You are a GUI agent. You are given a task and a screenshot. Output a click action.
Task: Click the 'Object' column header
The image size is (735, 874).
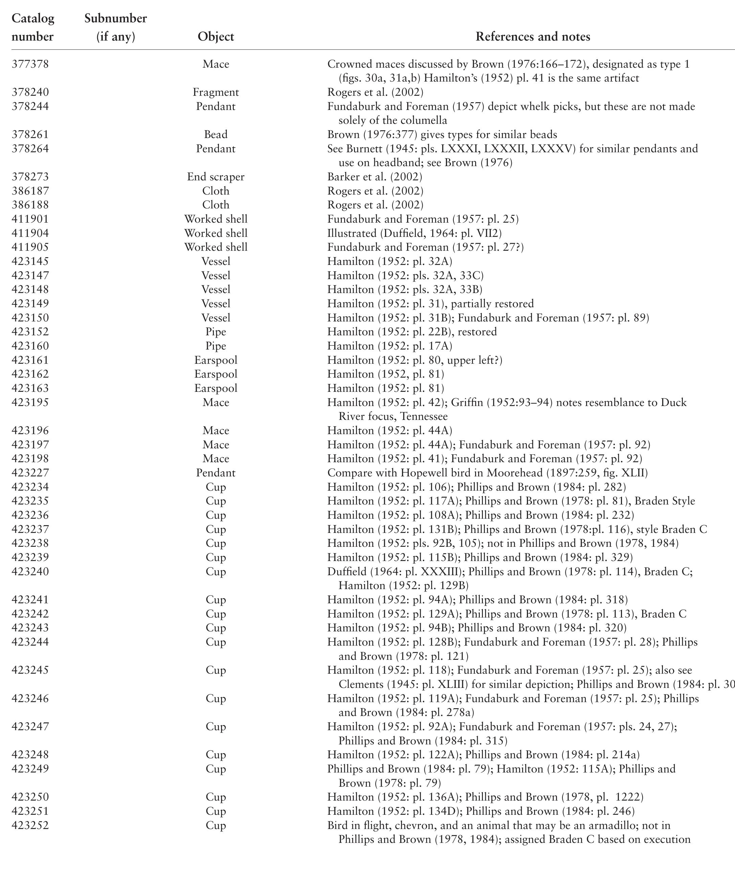click(x=216, y=37)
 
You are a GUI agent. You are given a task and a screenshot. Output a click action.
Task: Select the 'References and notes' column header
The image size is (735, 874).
click(x=533, y=37)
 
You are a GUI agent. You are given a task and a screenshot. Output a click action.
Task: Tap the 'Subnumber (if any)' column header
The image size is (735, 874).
click(x=115, y=27)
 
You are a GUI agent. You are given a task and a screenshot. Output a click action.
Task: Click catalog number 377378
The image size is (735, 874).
click(x=30, y=64)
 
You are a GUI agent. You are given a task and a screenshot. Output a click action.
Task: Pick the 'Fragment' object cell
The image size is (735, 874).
click(x=216, y=92)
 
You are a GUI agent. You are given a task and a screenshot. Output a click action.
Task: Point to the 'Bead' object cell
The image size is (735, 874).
click(x=216, y=135)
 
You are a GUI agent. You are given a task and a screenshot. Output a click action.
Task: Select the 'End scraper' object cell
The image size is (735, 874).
click(x=216, y=177)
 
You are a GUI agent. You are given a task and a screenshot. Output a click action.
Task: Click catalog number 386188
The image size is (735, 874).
click(x=30, y=205)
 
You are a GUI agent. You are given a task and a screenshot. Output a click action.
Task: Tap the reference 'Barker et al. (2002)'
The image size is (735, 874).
click(x=375, y=177)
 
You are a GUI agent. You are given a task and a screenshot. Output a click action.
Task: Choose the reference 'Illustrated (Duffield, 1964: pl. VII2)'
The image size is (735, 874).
click(x=414, y=233)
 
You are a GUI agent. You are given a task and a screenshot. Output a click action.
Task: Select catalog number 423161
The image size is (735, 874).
click(x=30, y=360)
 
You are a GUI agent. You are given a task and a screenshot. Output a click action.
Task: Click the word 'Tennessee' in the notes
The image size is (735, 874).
click(x=424, y=416)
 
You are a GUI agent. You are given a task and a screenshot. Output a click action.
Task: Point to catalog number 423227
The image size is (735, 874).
click(x=30, y=472)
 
